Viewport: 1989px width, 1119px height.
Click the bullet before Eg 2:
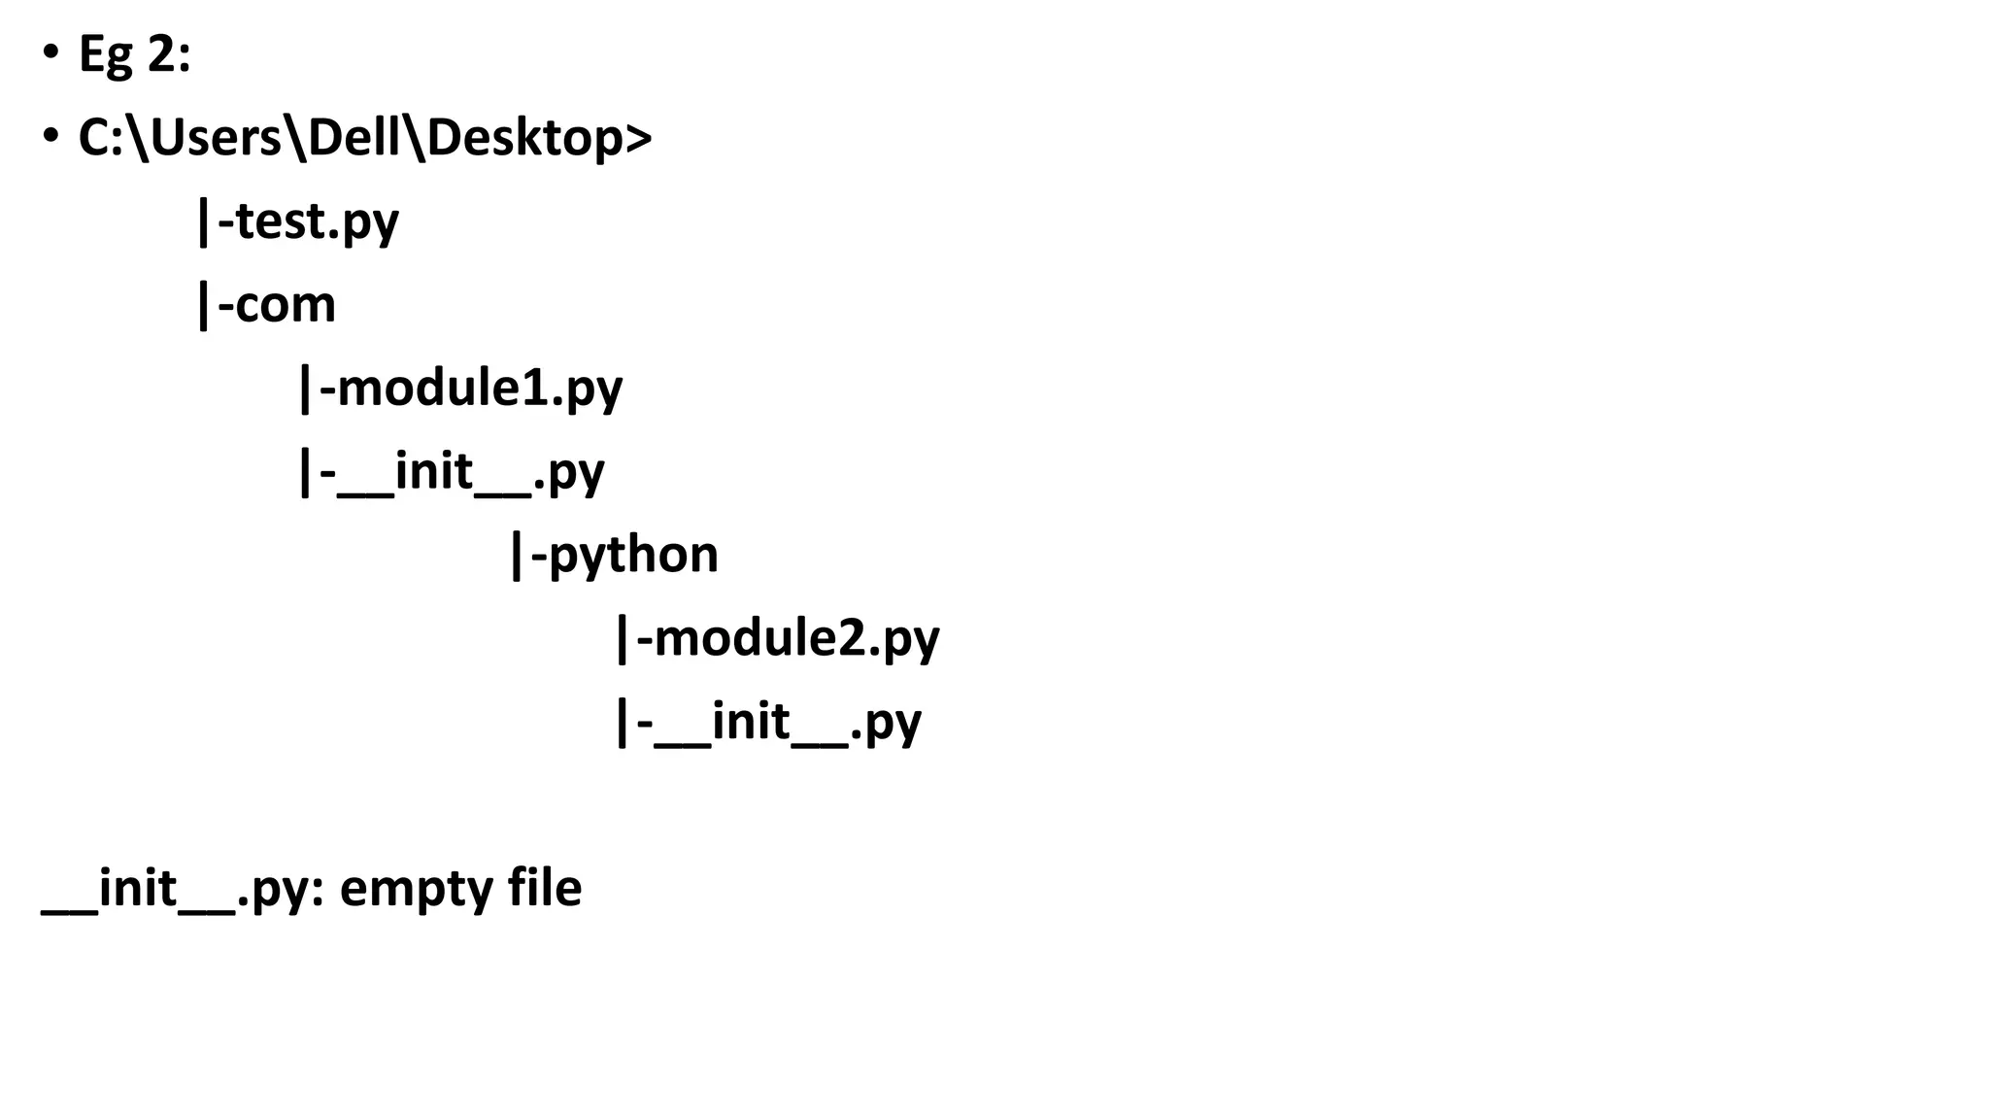[51, 54]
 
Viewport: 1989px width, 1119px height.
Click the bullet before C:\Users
[51, 138]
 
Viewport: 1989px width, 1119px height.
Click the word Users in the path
[216, 138]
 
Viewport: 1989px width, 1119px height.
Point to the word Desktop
[524, 138]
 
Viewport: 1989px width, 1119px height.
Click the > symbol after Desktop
[638, 138]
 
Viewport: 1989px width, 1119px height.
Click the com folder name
[286, 305]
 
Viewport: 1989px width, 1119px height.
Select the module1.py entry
[480, 389]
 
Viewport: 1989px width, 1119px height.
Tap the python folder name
[633, 555]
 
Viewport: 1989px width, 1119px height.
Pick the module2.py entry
[797, 638]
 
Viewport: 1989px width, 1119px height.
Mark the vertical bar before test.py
[203, 221]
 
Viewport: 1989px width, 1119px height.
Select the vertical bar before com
[203, 305]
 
